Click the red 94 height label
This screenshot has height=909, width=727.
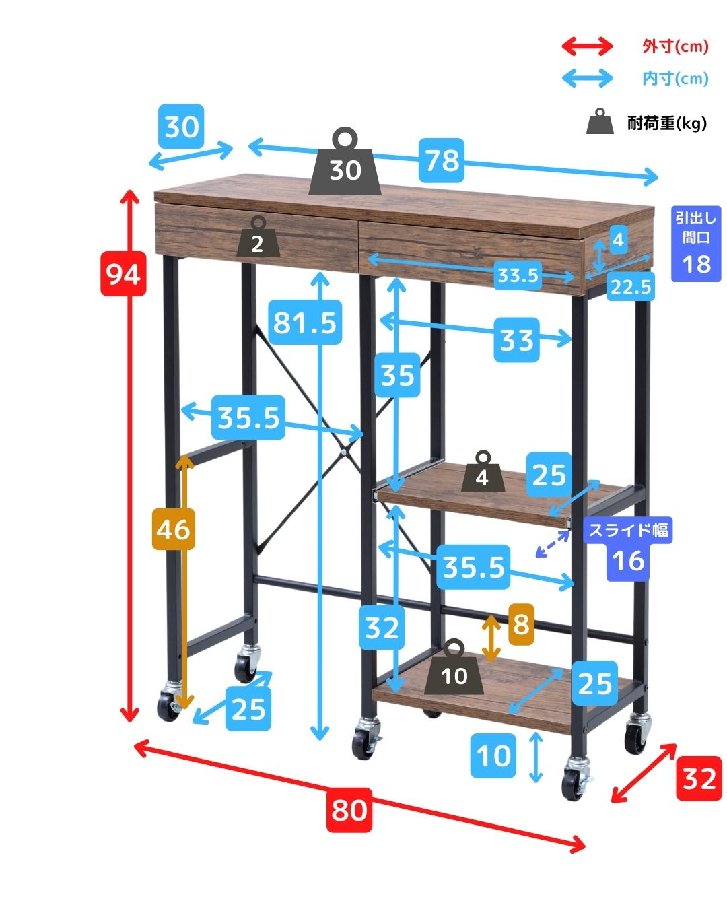[123, 273]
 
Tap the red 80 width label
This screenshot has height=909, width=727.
[349, 809]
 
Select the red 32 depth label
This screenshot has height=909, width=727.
[699, 778]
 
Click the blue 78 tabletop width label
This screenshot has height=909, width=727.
[442, 160]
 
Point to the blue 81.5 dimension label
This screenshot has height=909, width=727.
[304, 322]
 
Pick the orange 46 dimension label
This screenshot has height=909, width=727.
[173, 529]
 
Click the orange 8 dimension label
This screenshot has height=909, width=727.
[521, 624]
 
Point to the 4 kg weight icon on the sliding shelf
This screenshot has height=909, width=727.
[481, 472]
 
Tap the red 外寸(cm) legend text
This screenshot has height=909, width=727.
[675, 46]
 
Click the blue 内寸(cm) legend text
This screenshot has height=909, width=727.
[675, 79]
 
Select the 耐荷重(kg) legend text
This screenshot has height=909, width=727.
[666, 123]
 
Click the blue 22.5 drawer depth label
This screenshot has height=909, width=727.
[631, 288]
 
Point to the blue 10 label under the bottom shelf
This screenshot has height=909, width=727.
[495, 755]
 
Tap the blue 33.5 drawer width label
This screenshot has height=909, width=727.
[518, 275]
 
